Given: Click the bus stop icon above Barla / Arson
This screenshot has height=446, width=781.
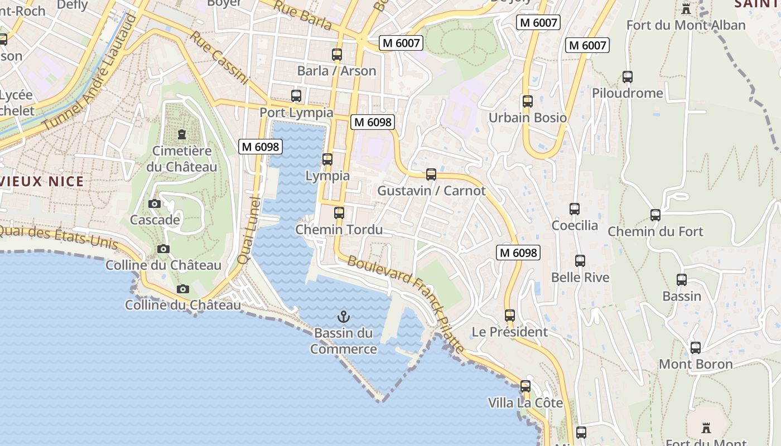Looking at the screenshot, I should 337,55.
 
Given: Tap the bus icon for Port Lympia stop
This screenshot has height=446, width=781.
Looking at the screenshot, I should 296,96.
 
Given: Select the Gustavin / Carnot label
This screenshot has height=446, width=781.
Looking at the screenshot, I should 431,191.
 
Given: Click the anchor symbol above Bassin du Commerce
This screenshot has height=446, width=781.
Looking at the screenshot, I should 344,317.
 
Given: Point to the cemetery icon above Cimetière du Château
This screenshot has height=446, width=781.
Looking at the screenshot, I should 182,134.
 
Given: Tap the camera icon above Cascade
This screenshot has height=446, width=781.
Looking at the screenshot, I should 155,204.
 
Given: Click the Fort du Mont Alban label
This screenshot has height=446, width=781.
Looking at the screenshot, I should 686,25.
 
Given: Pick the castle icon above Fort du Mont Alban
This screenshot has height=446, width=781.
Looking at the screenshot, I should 686,8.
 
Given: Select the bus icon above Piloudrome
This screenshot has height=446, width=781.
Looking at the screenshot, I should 628,77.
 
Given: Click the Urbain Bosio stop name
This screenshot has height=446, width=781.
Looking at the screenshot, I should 527,118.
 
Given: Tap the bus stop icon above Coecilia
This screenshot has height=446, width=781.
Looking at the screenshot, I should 575,209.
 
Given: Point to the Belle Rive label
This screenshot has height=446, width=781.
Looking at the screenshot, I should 580,277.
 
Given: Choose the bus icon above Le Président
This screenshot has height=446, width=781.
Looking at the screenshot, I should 510,315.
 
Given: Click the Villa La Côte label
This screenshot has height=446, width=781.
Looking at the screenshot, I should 525,403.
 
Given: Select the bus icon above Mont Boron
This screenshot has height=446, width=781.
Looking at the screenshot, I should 696,348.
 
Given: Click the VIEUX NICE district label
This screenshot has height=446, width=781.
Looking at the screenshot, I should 42,181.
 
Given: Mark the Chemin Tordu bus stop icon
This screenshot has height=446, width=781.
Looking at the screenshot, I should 339,213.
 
